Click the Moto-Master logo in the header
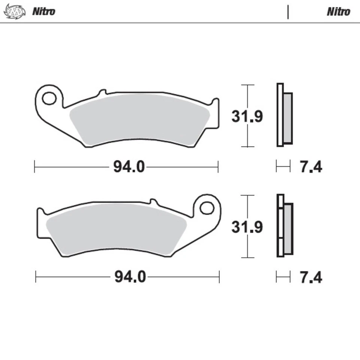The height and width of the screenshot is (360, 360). tap(15, 11)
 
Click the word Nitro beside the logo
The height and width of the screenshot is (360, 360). tap(43, 11)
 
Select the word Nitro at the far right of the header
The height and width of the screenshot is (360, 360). tap(338, 12)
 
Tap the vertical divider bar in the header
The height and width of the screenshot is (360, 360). tap(288, 12)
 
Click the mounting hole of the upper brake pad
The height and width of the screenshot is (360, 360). tap(48, 99)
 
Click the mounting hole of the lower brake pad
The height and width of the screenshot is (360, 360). tap(207, 208)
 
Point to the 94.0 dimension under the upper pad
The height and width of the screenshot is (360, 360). tap(129, 167)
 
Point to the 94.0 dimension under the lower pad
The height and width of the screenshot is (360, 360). tap(130, 277)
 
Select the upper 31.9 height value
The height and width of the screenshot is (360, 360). tap(247, 117)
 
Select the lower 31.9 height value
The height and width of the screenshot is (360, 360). tap(247, 227)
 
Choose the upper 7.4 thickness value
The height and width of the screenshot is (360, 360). tap(310, 166)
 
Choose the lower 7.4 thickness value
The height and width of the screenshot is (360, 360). tap(310, 277)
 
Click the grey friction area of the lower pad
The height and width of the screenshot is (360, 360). tap(116, 229)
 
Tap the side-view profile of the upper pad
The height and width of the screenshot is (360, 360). tap(284, 115)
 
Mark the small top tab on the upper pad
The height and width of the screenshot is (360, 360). tap(102, 92)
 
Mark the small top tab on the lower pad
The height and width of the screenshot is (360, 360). tap(153, 201)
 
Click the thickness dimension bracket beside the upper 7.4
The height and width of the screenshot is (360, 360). tap(283, 166)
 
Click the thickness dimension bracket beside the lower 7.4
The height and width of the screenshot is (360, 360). tap(283, 277)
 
